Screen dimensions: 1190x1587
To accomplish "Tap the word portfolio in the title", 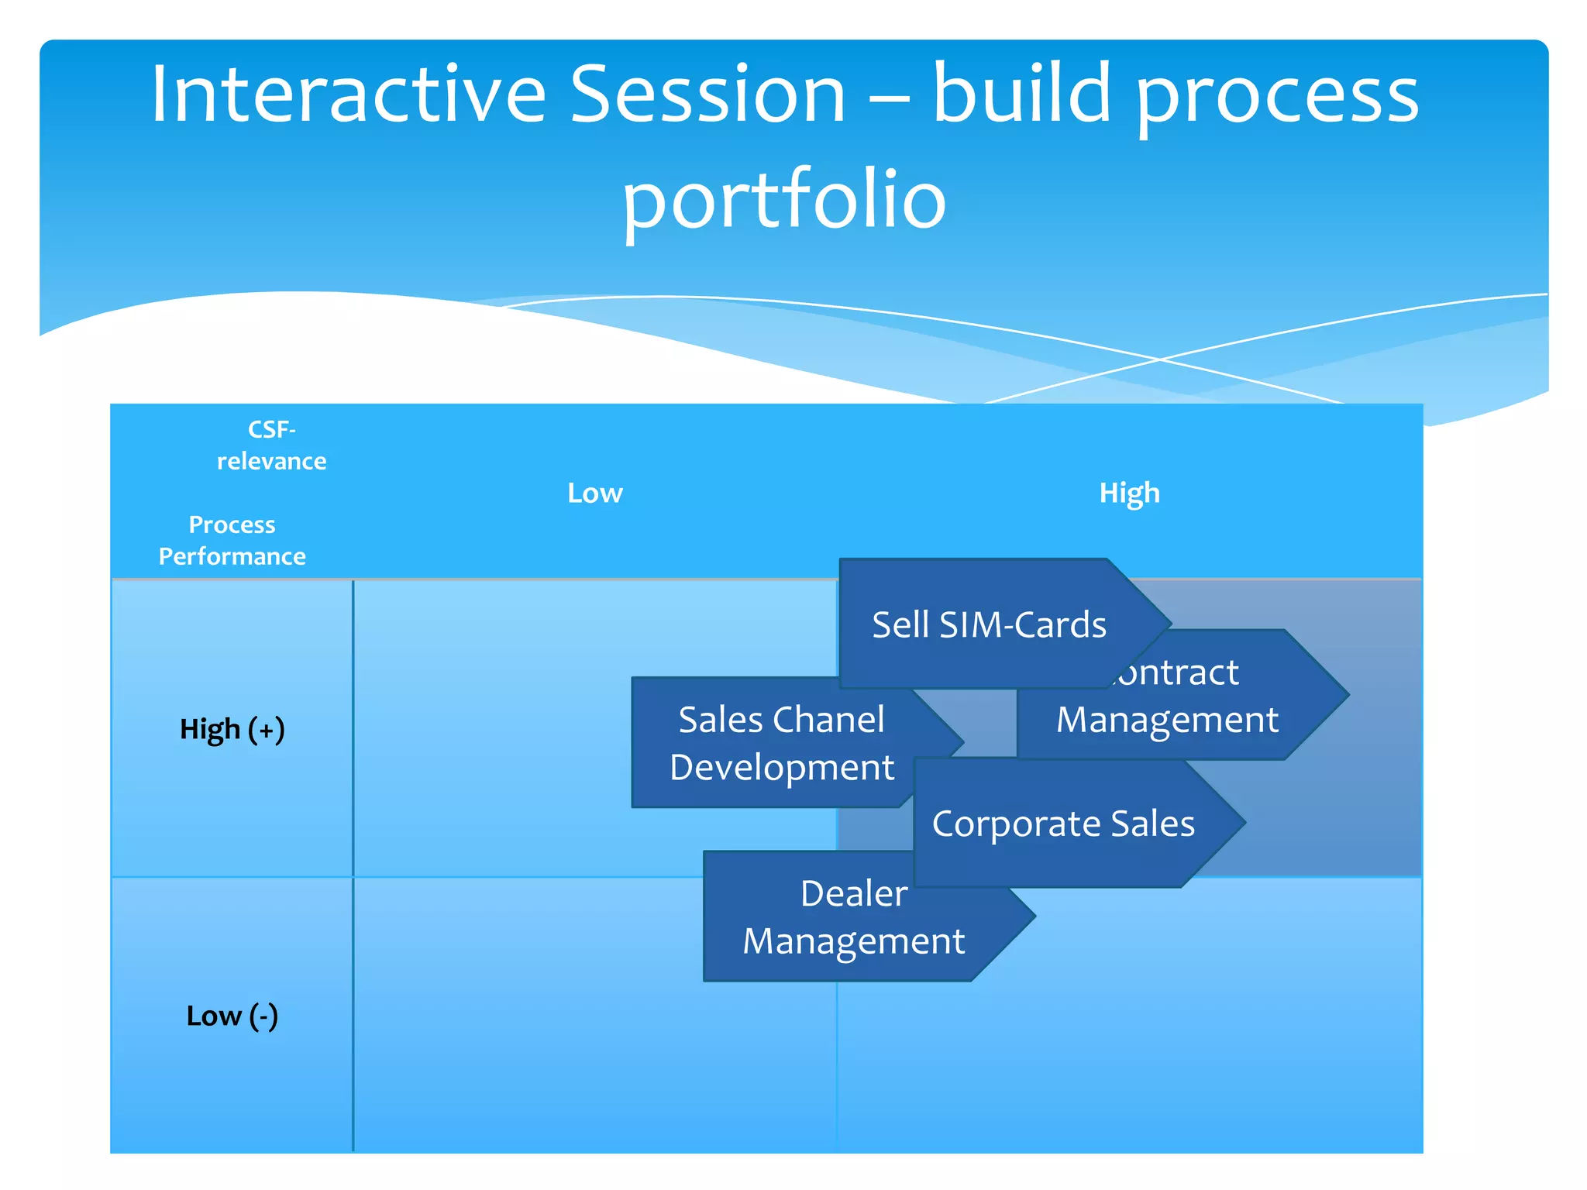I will click(x=784, y=200).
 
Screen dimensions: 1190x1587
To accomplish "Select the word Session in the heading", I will click(x=707, y=95).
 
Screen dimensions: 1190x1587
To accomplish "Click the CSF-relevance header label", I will click(x=271, y=445).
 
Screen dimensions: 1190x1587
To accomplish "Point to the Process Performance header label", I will click(x=232, y=541).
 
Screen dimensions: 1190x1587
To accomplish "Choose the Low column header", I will click(x=594, y=494).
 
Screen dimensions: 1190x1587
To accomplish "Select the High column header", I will click(x=1129, y=494).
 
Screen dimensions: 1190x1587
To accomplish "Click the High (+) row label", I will click(x=232, y=730).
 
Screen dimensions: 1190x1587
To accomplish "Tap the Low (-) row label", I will click(x=232, y=1016).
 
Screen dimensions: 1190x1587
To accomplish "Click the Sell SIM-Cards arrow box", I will click(x=989, y=624).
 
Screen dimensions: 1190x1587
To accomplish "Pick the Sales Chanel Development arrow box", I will click(x=781, y=743).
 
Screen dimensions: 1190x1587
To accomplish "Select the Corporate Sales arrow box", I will click(x=1062, y=824).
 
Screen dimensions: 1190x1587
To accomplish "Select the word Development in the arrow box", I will click(x=781, y=768).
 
